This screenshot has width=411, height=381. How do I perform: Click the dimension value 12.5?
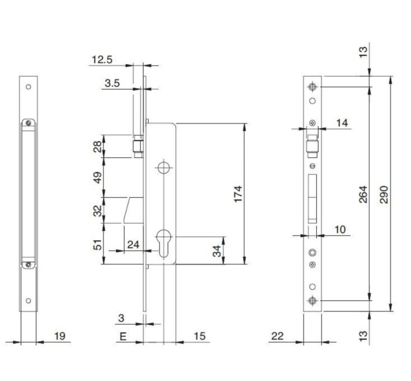(x=102, y=59)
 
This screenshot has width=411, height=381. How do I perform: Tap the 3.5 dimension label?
(x=112, y=83)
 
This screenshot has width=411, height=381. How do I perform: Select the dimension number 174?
(x=238, y=194)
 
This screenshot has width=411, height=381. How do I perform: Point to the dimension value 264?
(x=363, y=194)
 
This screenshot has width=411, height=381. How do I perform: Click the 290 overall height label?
(x=384, y=194)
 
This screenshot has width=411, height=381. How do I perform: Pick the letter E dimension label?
(x=123, y=336)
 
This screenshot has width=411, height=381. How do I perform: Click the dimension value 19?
(x=59, y=336)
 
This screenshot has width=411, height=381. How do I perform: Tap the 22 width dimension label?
(x=277, y=336)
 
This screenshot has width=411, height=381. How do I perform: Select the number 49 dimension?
(x=97, y=178)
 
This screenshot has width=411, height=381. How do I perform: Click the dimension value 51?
(x=97, y=244)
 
